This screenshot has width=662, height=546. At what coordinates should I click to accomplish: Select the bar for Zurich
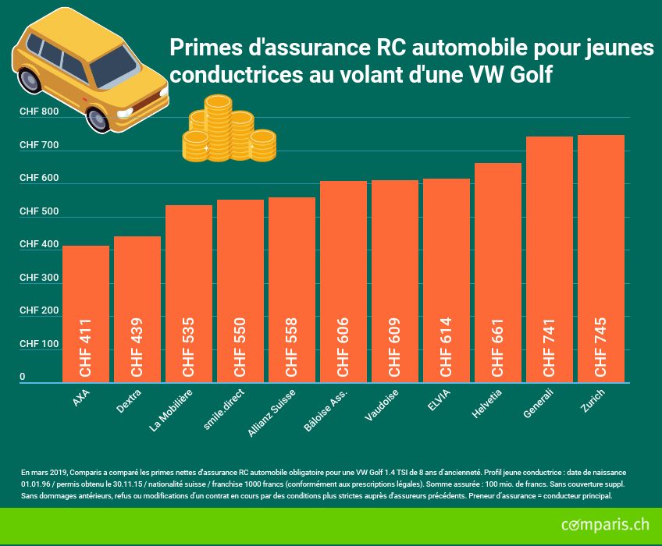pos(601,257)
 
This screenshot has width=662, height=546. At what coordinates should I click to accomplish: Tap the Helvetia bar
pos(498,273)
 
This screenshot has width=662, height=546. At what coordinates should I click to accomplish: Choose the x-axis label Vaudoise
pos(382,406)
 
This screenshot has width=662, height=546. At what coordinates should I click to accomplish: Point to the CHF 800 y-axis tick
pos(39,112)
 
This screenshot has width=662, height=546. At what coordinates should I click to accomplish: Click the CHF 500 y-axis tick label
pos(39,211)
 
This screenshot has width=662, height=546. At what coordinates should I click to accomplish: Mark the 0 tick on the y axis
pos(23,377)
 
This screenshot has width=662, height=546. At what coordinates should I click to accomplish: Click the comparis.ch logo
pos(605,525)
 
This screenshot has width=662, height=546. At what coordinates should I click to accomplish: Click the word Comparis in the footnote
pos(86,473)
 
